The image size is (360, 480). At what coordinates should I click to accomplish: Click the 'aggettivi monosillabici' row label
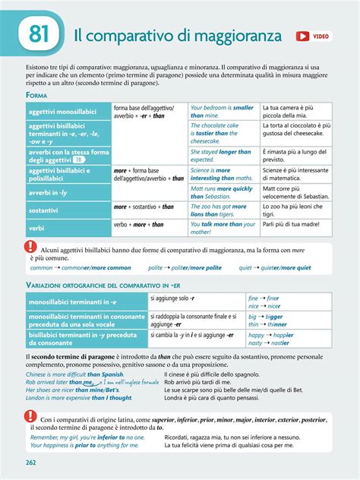click(x=58, y=112)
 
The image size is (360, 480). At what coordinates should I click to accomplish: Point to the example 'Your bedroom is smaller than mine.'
click(x=222, y=112)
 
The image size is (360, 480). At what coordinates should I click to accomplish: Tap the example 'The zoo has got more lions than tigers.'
click(x=219, y=210)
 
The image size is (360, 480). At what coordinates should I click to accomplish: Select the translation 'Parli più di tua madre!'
click(x=292, y=224)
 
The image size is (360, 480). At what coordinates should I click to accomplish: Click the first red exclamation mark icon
click(x=30, y=247)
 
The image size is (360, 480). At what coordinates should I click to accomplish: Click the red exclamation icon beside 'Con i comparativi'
click(x=30, y=415)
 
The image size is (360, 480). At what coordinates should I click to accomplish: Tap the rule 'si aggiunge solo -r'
click(x=172, y=298)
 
